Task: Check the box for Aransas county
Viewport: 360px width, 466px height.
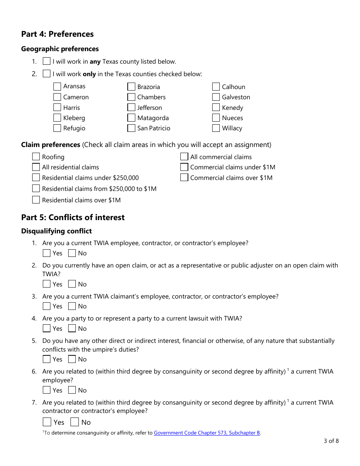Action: point(57,86)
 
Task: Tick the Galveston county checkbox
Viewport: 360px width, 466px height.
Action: point(216,97)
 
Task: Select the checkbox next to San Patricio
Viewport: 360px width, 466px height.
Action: point(131,128)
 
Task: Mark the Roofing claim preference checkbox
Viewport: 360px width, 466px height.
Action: point(36,157)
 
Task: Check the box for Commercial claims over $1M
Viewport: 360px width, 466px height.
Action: point(184,177)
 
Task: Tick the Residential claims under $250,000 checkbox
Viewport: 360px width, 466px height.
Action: point(36,177)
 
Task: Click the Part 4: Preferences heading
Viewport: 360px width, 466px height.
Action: point(57,34)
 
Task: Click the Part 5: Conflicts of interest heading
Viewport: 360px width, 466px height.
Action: point(73,217)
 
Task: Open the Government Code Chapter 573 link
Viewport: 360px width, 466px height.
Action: point(207,433)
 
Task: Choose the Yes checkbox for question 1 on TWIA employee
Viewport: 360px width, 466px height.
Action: point(47,253)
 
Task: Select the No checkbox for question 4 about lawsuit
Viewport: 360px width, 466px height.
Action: point(72,328)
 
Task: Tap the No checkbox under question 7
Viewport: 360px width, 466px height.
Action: point(75,422)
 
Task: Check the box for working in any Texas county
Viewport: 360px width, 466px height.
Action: point(47,61)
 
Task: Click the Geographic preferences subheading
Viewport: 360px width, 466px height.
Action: point(60,49)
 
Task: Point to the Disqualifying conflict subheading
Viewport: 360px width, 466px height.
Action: point(56,231)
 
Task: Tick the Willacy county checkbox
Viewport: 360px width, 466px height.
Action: point(216,128)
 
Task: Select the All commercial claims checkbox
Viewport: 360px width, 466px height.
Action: point(184,157)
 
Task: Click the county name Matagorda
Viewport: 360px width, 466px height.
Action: point(153,118)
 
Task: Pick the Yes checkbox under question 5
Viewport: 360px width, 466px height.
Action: point(47,359)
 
